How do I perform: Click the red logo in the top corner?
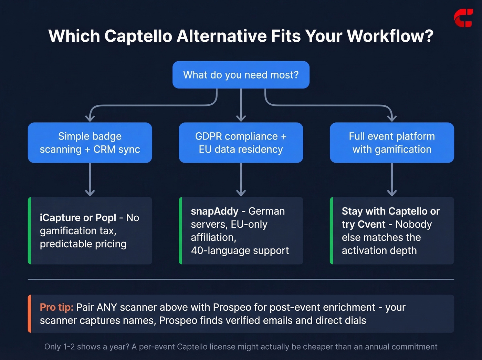pyautogui.click(x=463, y=18)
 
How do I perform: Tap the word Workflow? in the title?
pyautogui.click(x=390, y=36)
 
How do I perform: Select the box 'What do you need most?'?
pyautogui.click(x=241, y=75)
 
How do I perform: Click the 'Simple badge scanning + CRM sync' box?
pyautogui.click(x=90, y=143)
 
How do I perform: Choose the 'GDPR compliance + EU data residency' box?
pyautogui.click(x=241, y=143)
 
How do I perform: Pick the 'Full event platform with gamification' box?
pyautogui.click(x=392, y=143)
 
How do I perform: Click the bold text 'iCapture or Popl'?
pyautogui.click(x=78, y=218)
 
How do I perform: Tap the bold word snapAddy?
pyautogui.click(x=214, y=211)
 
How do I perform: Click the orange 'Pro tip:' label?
pyautogui.click(x=56, y=307)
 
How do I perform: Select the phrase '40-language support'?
pyautogui.click(x=240, y=250)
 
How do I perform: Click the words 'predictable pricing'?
pyautogui.click(x=83, y=244)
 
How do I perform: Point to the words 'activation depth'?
pyautogui.click(x=379, y=250)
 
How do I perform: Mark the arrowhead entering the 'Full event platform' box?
pyautogui.click(x=392, y=118)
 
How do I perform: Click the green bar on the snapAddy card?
pyautogui.click(x=180, y=231)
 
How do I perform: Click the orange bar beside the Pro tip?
pyautogui.click(x=30, y=313)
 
